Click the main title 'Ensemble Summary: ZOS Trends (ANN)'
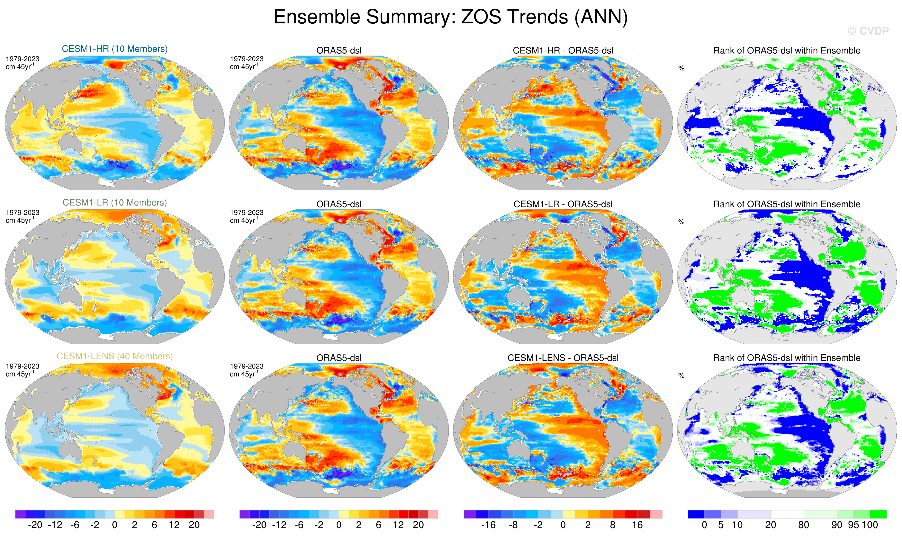(450, 17)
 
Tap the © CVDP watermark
(868, 31)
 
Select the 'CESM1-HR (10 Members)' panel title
(115, 49)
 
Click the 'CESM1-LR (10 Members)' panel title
(115, 203)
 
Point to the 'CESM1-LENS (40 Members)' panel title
(115, 356)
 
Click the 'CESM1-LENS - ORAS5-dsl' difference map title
(563, 358)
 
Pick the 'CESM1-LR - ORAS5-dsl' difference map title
(563, 204)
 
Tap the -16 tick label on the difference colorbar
(488, 525)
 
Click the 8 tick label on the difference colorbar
(612, 525)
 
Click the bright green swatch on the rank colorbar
(878, 514)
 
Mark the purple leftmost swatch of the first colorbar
(20, 514)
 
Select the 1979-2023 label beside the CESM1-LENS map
(22, 366)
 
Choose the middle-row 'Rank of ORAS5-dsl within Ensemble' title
(787, 204)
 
